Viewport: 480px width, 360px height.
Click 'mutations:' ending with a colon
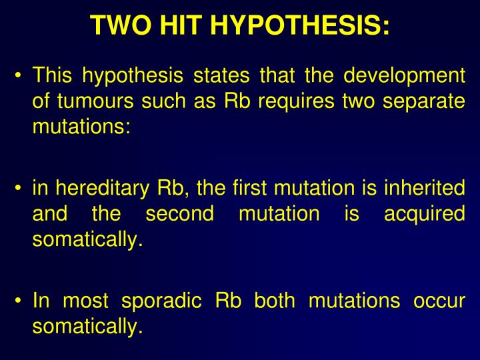[x=81, y=126]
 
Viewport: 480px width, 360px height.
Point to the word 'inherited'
[x=424, y=189]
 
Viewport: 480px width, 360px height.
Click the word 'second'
[x=179, y=214]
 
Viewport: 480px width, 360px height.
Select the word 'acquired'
[x=424, y=214]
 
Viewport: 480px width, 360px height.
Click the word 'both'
[x=274, y=301]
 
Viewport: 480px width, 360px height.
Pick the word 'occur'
[x=439, y=301]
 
